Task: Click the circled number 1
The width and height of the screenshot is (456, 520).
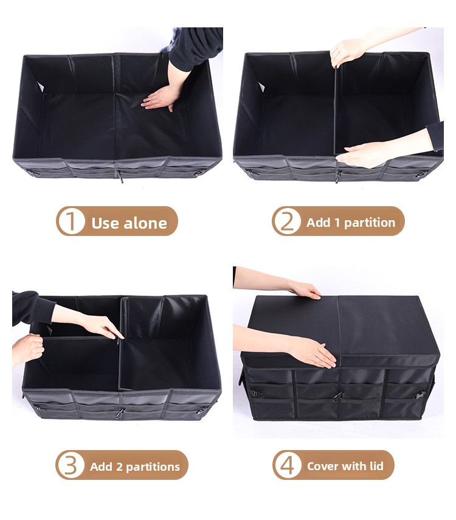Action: point(71,221)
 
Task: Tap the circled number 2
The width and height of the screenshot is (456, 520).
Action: point(286,221)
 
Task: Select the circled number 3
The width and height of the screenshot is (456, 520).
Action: point(71,466)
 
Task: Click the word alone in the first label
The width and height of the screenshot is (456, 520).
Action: point(145,223)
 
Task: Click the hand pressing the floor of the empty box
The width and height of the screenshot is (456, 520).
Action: point(160,97)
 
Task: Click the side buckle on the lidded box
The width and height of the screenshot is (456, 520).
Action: point(421,393)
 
